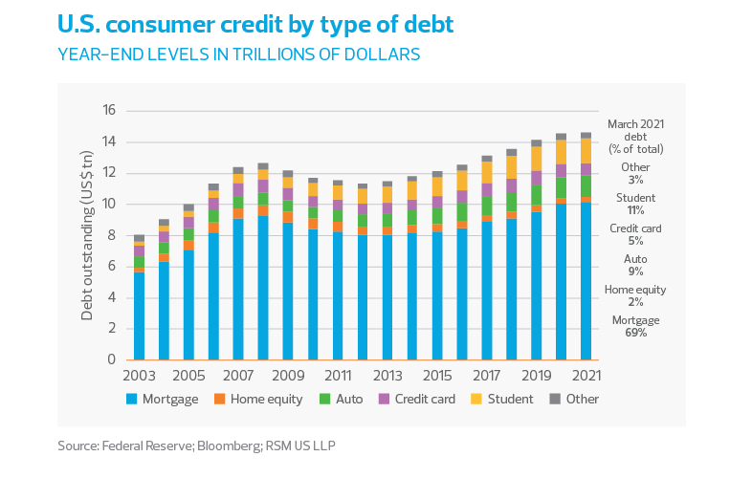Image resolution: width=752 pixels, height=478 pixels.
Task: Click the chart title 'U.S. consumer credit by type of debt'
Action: (255, 26)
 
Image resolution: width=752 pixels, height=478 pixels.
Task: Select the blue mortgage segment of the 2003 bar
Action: (140, 315)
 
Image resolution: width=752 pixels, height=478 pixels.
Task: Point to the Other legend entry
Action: (574, 399)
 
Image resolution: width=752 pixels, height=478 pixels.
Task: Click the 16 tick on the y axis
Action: (108, 111)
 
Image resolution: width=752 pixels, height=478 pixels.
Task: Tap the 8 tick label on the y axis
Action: (112, 235)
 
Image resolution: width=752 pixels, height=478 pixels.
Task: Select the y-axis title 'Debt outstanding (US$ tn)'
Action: (87, 235)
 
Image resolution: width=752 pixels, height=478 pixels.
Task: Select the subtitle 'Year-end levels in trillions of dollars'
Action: (239, 54)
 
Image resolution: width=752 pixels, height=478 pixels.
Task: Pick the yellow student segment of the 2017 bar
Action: (486, 172)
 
